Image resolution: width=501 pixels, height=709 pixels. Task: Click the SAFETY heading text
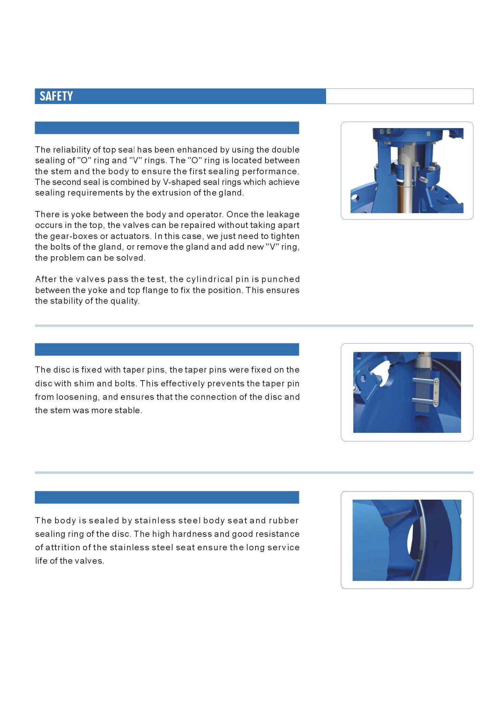coord(56,96)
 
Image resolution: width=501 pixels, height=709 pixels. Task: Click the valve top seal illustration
coord(407,170)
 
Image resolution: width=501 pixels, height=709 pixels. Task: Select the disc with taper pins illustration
coord(407,392)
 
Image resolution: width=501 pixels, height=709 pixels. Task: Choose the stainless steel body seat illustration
coord(407,540)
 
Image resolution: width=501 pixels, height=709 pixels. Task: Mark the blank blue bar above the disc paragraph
coord(167,349)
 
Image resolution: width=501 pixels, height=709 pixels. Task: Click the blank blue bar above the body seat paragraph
coord(167,497)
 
